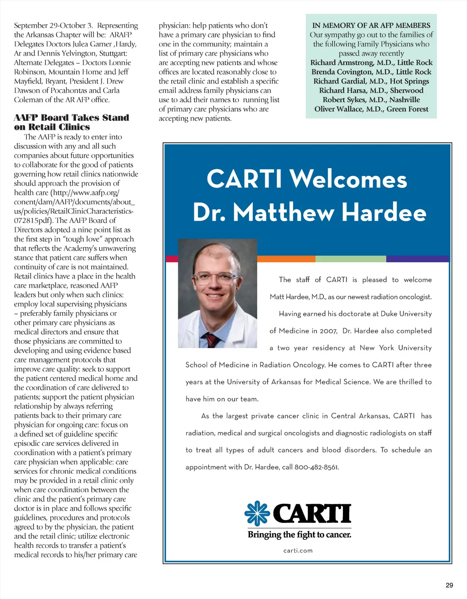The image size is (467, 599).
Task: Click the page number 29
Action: [x=449, y=585]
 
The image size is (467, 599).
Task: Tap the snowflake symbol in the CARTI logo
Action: [x=257, y=513]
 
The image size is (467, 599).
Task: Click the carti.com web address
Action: [x=298, y=550]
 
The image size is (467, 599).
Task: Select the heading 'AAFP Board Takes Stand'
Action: [x=72, y=118]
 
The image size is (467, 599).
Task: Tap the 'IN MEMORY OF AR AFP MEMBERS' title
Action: [x=371, y=26]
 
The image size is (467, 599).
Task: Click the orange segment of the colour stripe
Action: [x=286, y=259]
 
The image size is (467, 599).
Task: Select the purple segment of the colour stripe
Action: [x=417, y=259]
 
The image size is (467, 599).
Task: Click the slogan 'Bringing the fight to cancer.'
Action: [x=299, y=535]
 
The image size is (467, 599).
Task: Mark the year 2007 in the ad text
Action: [x=328, y=331]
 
